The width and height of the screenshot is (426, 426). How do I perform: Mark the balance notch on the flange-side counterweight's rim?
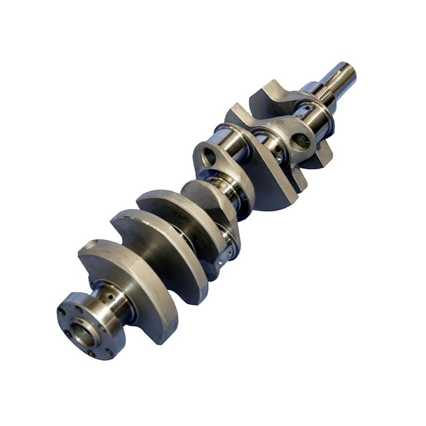91,246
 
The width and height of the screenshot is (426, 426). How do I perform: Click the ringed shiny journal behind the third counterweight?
226,186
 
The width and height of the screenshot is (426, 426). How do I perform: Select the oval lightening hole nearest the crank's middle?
209,156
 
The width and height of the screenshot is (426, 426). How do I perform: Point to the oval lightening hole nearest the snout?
301,141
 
